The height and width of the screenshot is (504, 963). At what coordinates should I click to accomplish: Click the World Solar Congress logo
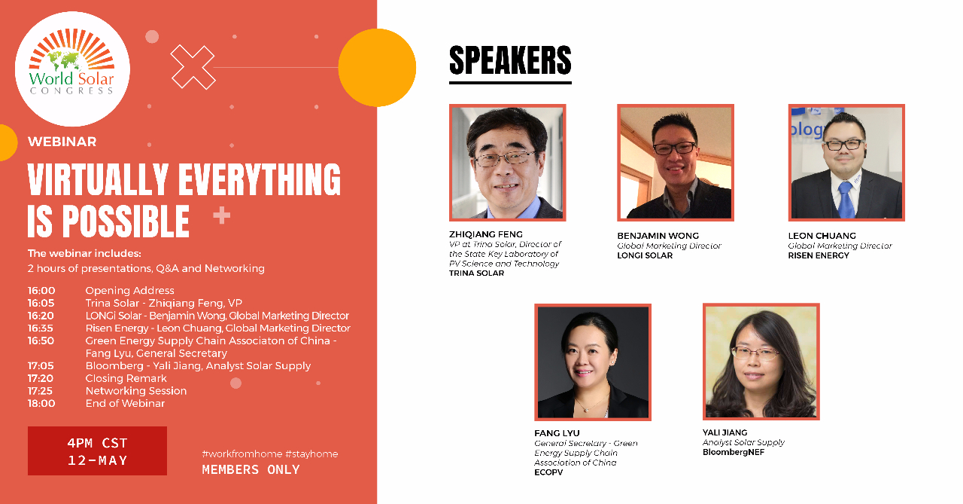tap(72, 69)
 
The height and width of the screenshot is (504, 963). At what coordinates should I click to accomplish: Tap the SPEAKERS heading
tap(510, 61)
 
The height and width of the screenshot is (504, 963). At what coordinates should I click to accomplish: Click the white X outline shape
tap(193, 67)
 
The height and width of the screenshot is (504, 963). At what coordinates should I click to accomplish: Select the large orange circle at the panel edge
tap(377, 68)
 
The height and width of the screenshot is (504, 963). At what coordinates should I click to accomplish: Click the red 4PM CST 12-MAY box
tap(97, 451)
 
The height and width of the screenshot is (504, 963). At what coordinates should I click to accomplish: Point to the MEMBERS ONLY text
tap(251, 469)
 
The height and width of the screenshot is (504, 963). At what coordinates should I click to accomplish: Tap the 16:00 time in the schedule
tap(41, 291)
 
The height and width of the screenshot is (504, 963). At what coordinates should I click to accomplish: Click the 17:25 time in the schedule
tap(41, 391)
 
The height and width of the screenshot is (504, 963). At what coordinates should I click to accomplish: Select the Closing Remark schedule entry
tap(126, 378)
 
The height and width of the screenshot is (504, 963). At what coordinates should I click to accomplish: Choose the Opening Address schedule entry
tap(130, 291)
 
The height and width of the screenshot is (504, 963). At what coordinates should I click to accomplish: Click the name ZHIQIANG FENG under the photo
tap(486, 234)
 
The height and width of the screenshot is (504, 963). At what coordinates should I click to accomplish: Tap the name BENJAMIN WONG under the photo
tap(658, 236)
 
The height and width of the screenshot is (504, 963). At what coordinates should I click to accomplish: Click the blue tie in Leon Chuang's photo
tap(846, 200)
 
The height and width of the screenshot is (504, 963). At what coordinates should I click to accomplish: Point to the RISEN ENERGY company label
tap(819, 255)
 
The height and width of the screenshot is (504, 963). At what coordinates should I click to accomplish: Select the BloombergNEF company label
tap(734, 452)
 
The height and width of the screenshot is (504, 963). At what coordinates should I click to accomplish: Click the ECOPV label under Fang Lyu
tap(548, 472)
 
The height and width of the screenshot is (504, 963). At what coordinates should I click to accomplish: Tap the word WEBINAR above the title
tap(62, 142)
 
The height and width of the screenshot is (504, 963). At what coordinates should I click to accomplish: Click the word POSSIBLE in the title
tap(126, 221)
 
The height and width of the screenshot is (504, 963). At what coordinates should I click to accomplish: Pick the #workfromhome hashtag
tap(242, 454)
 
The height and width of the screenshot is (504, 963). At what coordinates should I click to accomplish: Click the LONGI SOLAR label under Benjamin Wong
tap(645, 255)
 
